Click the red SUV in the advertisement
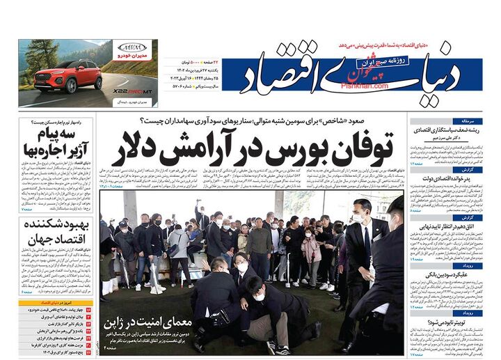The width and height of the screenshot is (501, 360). (68, 76)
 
